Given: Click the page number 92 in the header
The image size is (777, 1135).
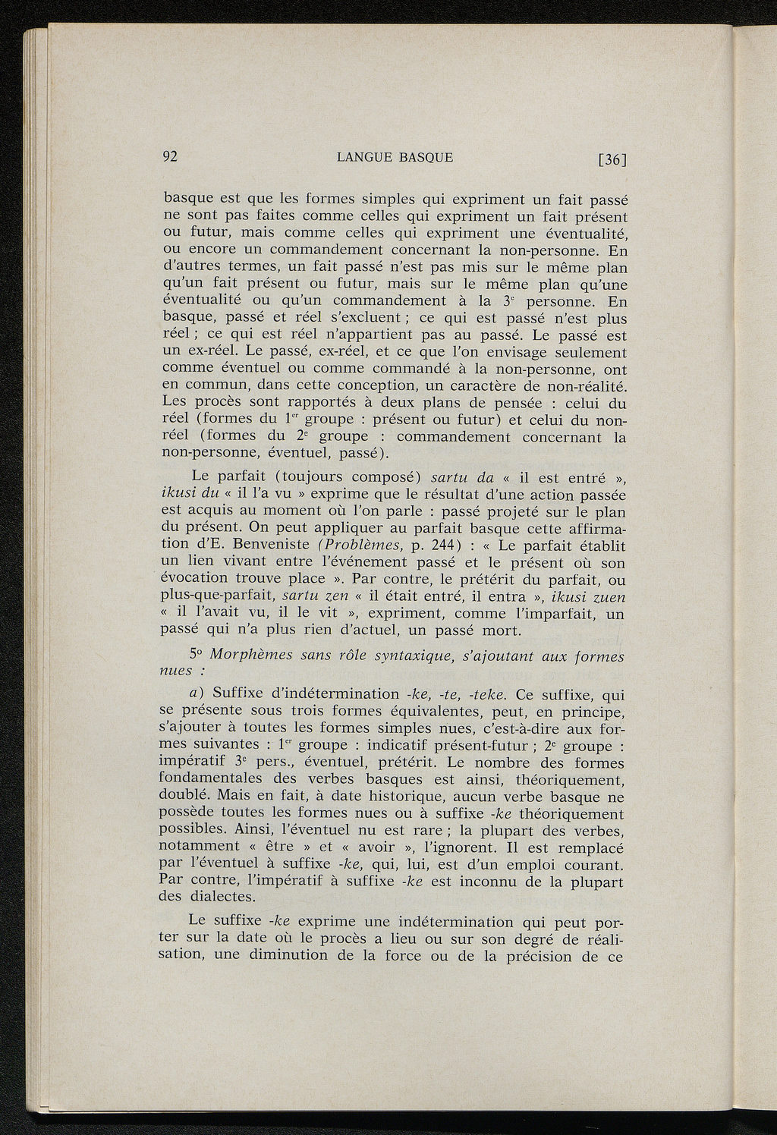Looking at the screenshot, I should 170,158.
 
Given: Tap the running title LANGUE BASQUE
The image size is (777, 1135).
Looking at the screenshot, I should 395,158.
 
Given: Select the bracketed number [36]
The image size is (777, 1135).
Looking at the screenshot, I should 612,159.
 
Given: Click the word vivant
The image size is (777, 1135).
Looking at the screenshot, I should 237,563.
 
